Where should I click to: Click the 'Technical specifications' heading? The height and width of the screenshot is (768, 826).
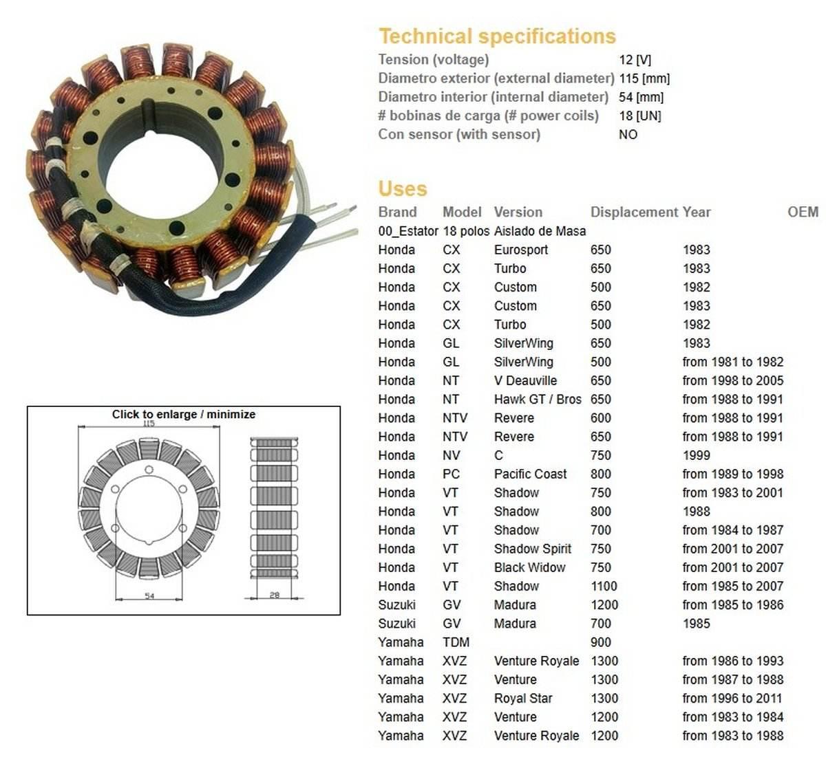click(x=497, y=36)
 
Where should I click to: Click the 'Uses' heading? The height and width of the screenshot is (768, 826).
click(x=403, y=189)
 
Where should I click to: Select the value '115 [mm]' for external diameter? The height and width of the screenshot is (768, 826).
click(x=644, y=78)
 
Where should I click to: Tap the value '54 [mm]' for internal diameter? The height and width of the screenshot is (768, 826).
click(x=641, y=97)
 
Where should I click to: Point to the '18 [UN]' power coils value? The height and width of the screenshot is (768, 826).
click(x=639, y=116)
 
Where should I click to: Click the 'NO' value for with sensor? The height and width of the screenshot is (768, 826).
click(x=628, y=135)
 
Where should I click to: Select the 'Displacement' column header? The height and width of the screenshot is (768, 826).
click(x=633, y=212)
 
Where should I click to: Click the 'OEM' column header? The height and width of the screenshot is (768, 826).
click(x=803, y=212)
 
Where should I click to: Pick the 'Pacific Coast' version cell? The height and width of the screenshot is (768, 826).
click(x=530, y=474)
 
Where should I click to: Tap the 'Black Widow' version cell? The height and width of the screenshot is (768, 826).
click(x=529, y=568)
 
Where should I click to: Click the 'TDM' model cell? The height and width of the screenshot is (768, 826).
click(x=456, y=643)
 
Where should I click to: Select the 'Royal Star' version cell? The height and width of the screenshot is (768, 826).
click(x=522, y=699)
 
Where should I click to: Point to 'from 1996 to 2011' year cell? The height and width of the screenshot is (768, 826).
click(x=732, y=699)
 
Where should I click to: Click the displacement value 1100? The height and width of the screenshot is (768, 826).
click(x=604, y=586)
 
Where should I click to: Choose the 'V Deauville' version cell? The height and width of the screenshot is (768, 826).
click(x=525, y=381)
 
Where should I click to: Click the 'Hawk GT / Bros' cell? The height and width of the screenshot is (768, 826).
click(x=538, y=399)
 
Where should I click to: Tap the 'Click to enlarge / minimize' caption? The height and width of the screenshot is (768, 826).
click(x=184, y=415)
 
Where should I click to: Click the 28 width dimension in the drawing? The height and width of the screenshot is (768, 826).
click(x=275, y=595)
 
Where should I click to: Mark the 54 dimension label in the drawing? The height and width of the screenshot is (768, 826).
click(x=149, y=596)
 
